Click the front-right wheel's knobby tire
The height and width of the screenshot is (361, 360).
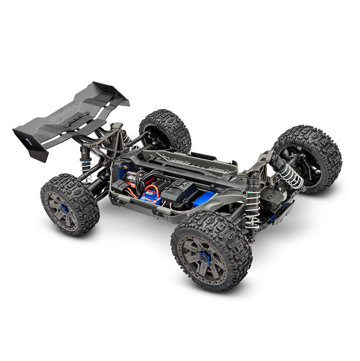coord(307,158)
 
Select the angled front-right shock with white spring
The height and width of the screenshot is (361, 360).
coord(291,173)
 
